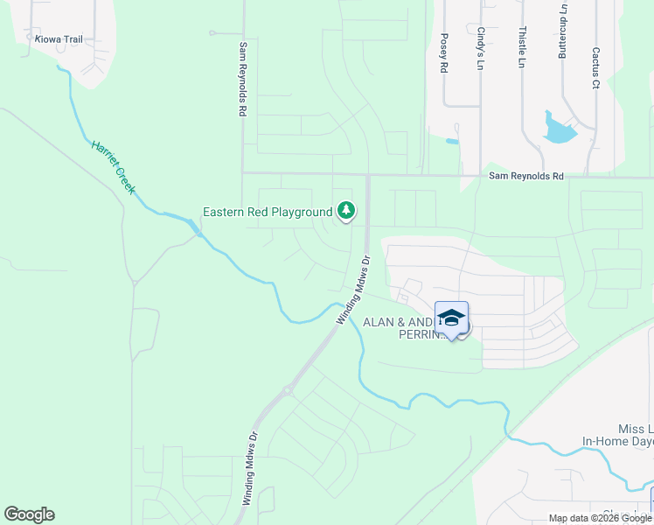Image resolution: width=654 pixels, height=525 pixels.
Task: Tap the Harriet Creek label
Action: [114, 166]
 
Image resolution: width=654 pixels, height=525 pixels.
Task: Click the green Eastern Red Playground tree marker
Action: [347, 211]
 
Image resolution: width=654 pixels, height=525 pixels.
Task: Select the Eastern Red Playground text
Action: [267, 212]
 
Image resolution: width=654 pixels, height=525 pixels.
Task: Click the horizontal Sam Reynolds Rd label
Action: [525, 177]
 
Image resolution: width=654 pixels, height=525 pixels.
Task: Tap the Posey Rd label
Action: [444, 52]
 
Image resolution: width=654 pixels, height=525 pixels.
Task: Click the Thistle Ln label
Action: [521, 47]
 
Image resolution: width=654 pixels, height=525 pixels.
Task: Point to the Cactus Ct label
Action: [595, 67]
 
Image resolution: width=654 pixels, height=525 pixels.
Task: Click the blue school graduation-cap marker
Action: [451, 318]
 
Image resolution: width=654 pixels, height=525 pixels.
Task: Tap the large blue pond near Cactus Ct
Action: [559, 129]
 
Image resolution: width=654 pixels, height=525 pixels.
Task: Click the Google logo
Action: [29, 514]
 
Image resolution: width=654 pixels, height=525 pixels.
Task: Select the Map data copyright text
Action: [600, 518]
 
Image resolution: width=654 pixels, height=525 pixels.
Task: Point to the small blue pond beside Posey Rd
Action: [451, 141]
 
